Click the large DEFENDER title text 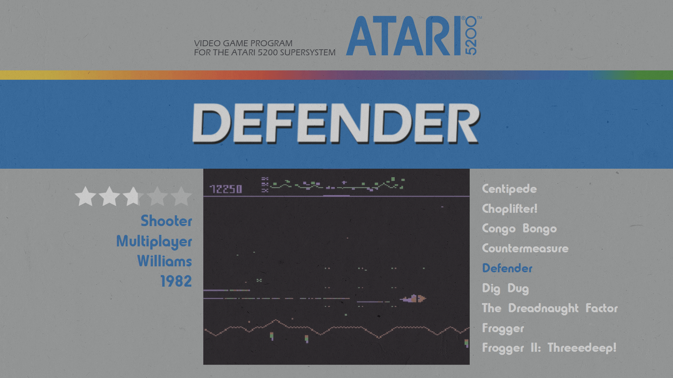336,123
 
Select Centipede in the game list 509,189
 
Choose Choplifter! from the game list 510,209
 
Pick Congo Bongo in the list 519,229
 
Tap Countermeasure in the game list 525,248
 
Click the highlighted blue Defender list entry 507,268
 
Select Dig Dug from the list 505,288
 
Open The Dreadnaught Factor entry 550,308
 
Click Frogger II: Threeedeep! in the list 549,348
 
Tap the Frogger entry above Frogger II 503,328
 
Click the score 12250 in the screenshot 226,189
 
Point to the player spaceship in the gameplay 413,299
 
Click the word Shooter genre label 166,221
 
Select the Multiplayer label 154,241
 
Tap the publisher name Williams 164,261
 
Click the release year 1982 176,281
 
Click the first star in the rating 85,196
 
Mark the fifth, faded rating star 181,196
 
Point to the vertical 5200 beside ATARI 471,36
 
